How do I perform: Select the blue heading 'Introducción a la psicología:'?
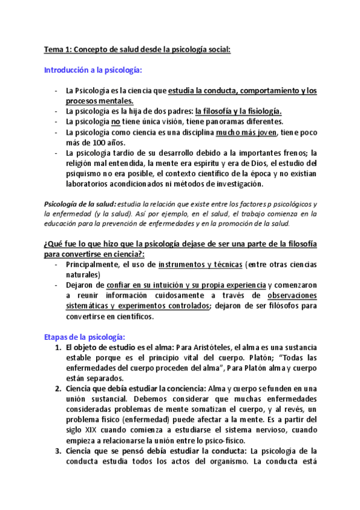93,70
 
